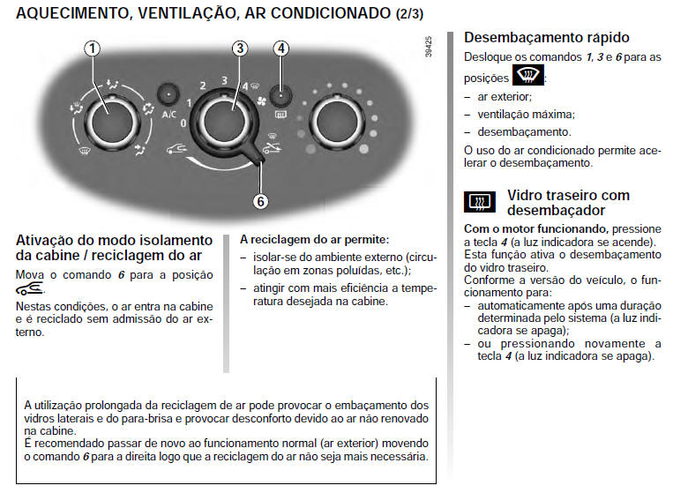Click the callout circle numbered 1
(x=92, y=49)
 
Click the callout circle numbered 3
(x=239, y=49)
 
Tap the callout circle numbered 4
(x=280, y=49)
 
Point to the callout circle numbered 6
(x=260, y=200)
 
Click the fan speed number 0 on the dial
(x=183, y=124)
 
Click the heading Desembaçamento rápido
(x=546, y=38)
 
